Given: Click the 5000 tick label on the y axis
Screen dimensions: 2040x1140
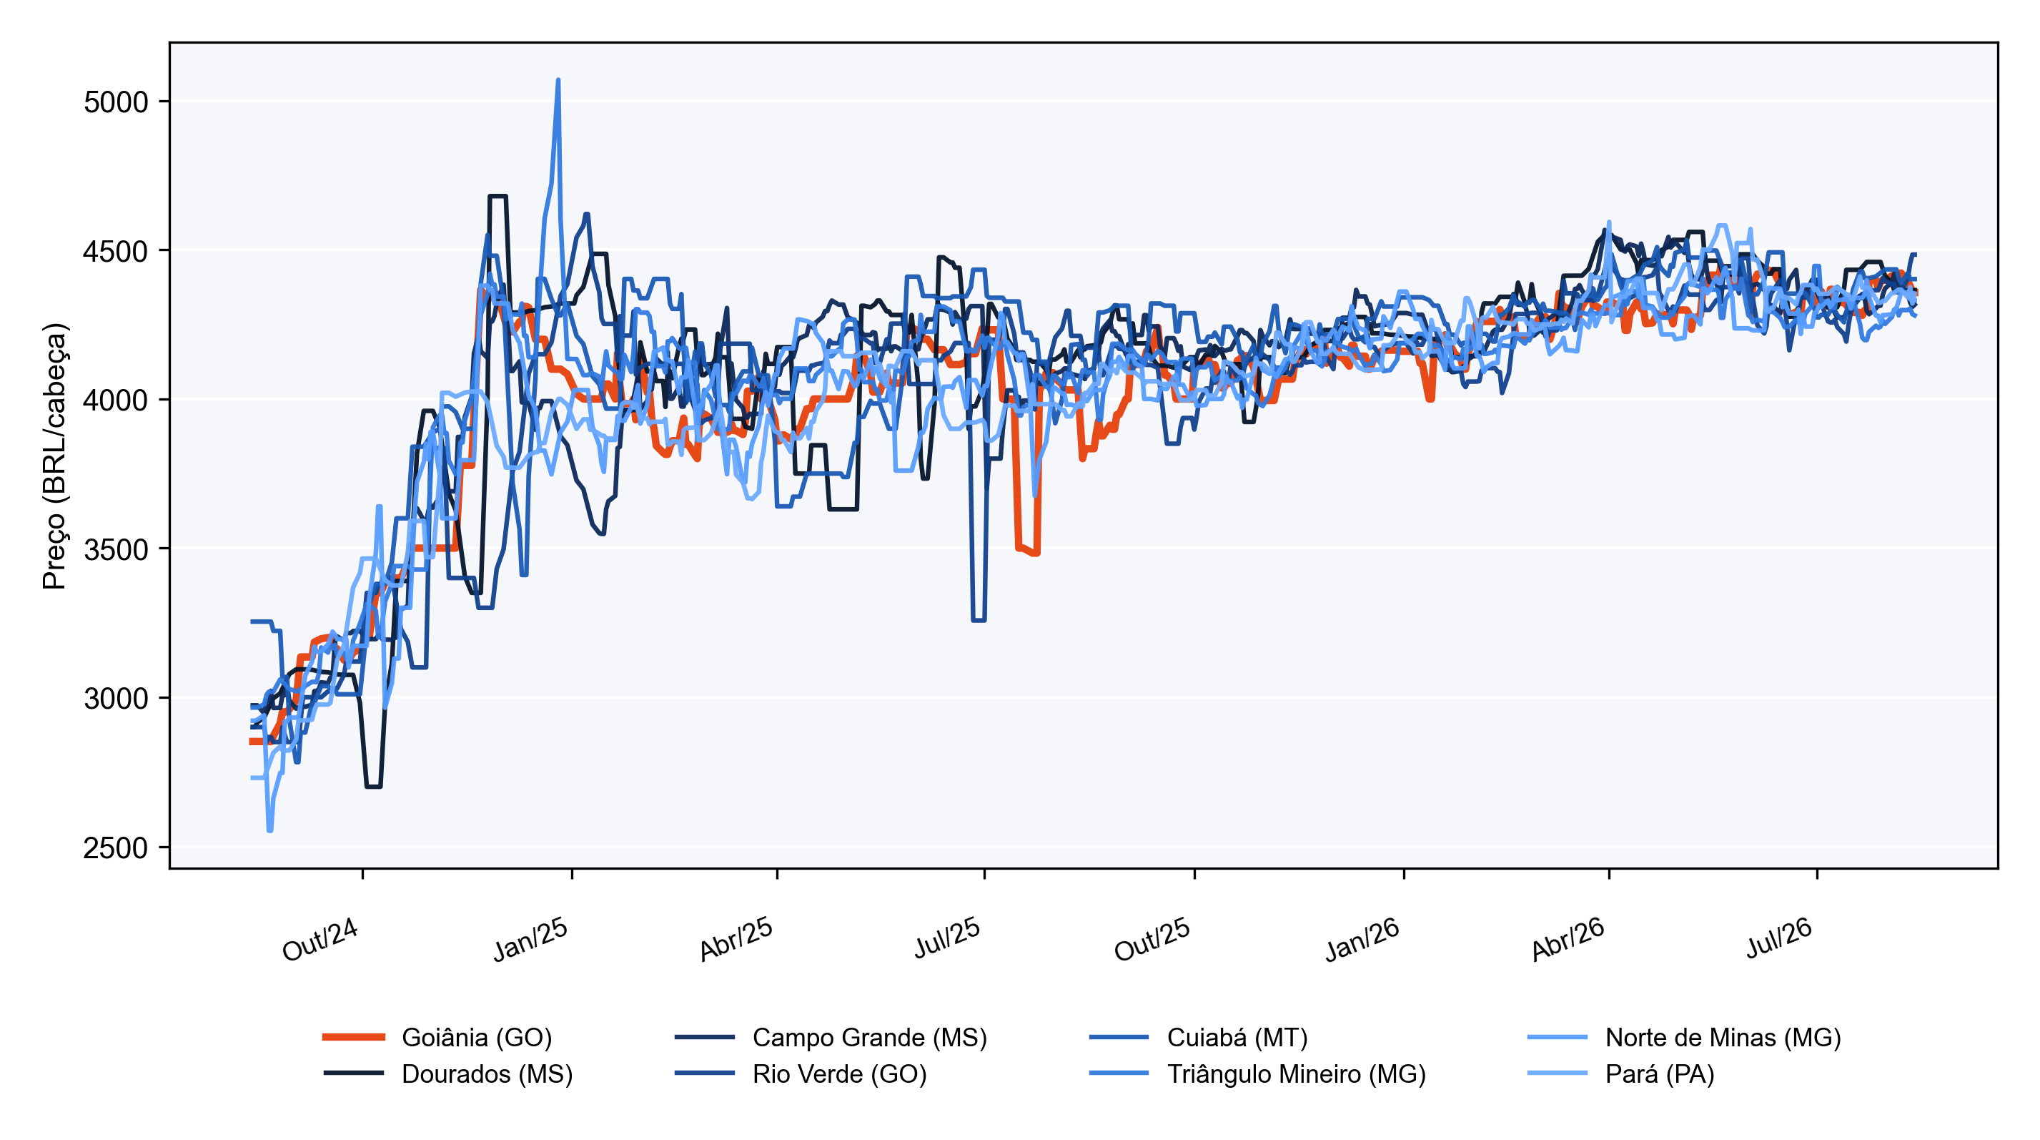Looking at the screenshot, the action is [x=116, y=102].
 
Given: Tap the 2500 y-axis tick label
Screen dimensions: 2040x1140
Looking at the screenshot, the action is [x=116, y=847].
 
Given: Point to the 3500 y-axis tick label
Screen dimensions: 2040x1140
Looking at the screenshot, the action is [x=116, y=550].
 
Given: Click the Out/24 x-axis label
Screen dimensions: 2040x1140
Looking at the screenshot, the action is [x=320, y=940].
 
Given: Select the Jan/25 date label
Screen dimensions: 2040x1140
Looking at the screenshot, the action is [x=530, y=940].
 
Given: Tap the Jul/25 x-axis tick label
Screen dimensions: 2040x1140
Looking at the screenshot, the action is [x=947, y=938].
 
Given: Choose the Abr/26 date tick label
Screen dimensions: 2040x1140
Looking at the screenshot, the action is [x=1568, y=940].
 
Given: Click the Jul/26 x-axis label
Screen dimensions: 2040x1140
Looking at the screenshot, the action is [x=1778, y=938].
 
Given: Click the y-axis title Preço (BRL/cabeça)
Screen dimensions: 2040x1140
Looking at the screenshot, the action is [x=54, y=456].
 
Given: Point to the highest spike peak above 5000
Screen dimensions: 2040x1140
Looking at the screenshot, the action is [x=558, y=80].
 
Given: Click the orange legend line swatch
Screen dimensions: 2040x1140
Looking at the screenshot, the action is [x=353, y=1037].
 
